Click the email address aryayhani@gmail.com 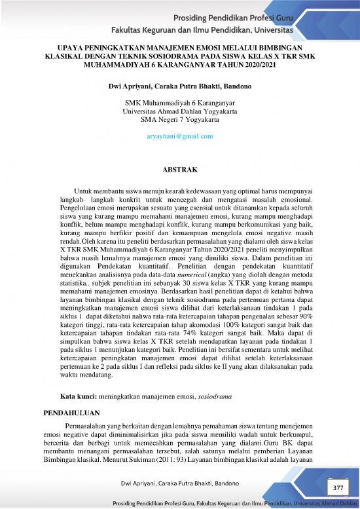click(x=179, y=136)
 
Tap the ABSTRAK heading click(x=179, y=170)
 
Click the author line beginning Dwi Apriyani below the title click(x=179, y=86)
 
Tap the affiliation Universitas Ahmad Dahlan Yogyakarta click(x=179, y=111)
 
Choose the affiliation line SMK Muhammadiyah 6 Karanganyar click(x=179, y=103)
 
